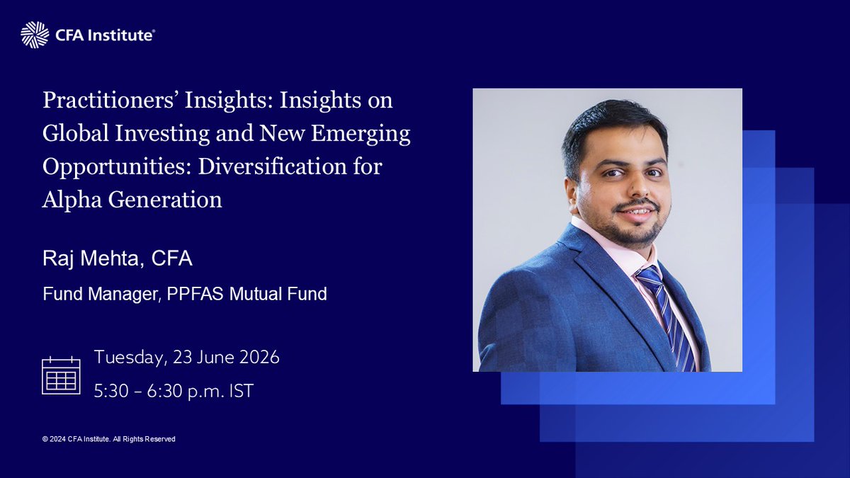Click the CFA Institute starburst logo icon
point(35,35)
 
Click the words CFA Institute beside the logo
point(105,35)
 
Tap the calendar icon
point(61,375)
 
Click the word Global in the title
point(76,133)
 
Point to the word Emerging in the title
point(361,135)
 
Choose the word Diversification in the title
point(273,166)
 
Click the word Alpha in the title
point(72,200)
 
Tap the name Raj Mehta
point(91,258)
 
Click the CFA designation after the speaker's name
point(172,258)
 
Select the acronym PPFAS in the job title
point(195,294)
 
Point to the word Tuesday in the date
point(129,358)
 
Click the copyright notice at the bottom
point(109,439)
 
